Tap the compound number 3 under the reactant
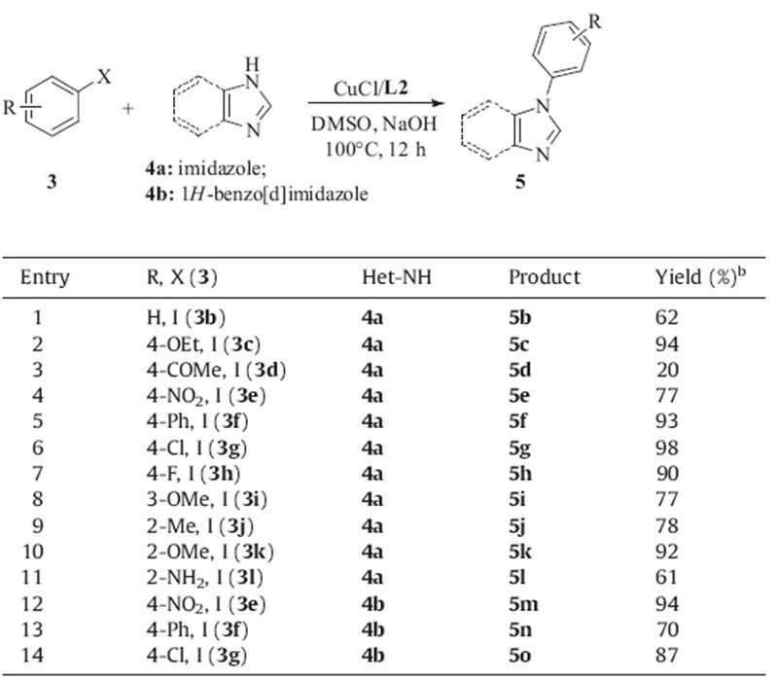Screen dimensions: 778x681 [52, 180]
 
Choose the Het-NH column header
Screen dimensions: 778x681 [389, 277]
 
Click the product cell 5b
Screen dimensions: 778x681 [521, 317]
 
